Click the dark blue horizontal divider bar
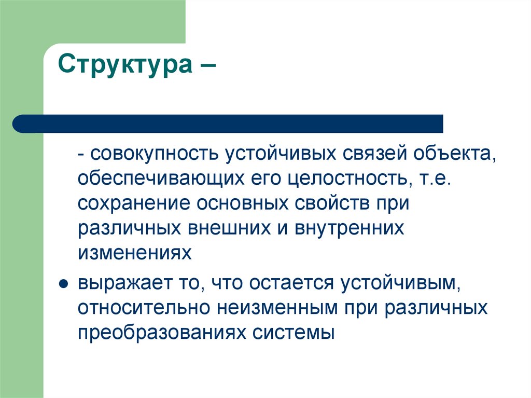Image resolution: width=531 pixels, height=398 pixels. [228, 123]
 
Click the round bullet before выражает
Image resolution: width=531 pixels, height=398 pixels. [63, 284]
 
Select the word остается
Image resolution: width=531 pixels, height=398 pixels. [292, 283]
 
